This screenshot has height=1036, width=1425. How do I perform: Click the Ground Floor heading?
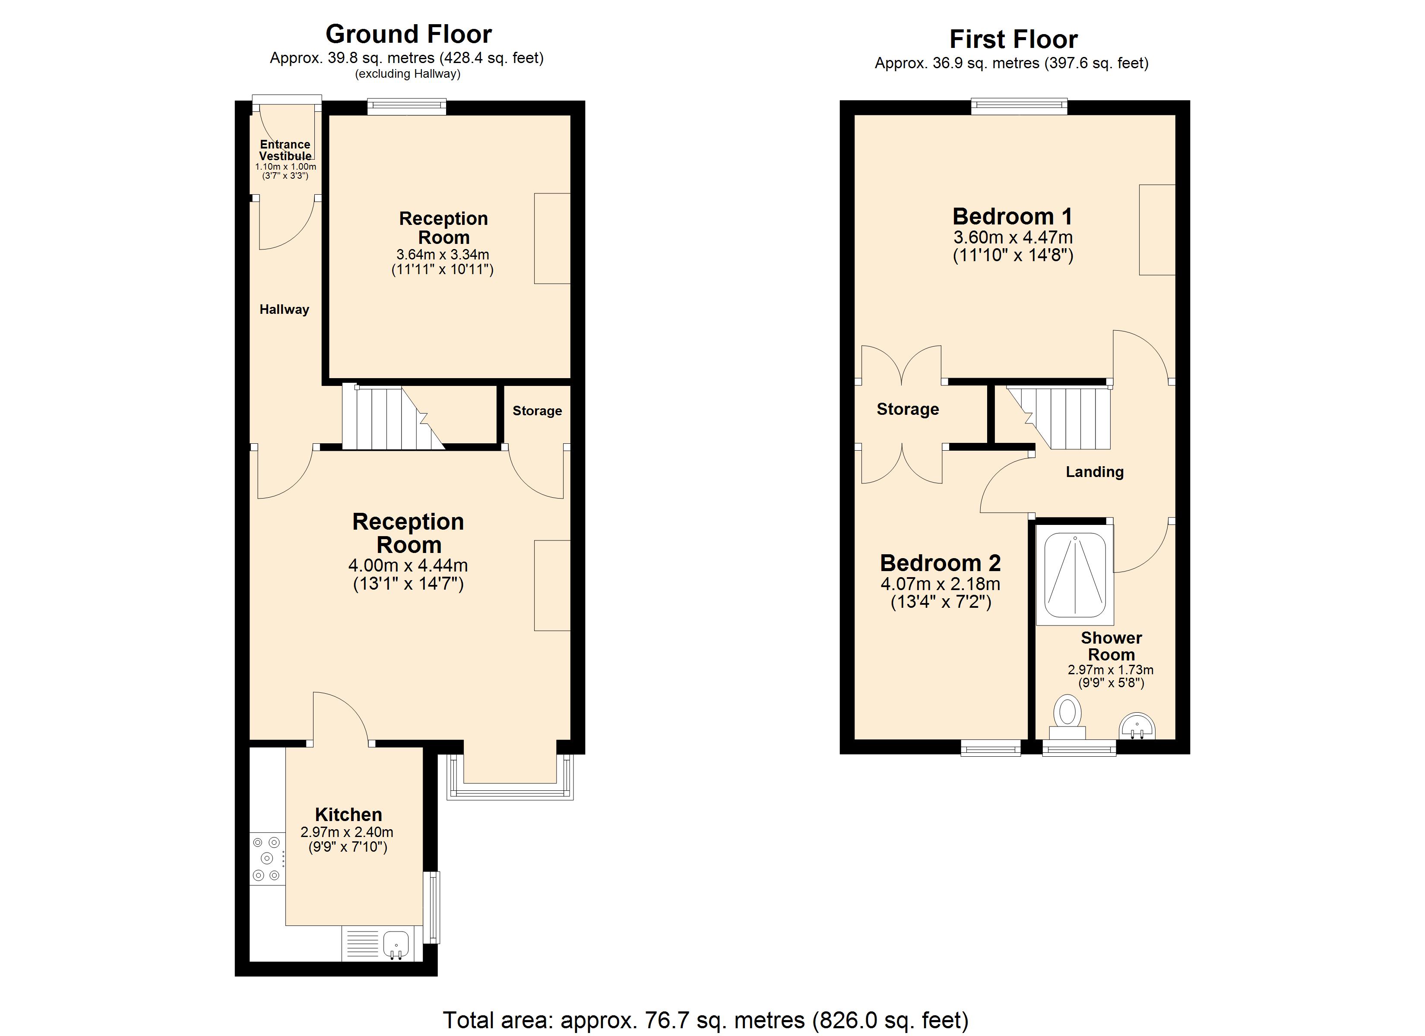(408, 34)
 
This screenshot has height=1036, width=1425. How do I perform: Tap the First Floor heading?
(1013, 39)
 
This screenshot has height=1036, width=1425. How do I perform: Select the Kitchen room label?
(348, 815)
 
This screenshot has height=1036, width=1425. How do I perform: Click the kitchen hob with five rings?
(267, 858)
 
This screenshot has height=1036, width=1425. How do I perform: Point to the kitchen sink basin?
(396, 945)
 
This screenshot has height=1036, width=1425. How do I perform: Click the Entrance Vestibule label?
(285, 150)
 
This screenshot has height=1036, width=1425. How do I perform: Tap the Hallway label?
(284, 309)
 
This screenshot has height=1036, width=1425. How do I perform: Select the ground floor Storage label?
(537, 411)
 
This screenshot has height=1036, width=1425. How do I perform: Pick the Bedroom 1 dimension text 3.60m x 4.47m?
(1013, 237)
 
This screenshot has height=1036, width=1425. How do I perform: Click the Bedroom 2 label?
(940, 563)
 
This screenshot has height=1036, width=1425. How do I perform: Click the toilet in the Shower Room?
(1067, 717)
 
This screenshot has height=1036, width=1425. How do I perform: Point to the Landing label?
(1095, 472)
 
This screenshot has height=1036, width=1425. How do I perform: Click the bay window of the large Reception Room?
(510, 777)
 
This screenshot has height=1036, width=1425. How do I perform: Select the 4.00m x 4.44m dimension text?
(408, 565)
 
